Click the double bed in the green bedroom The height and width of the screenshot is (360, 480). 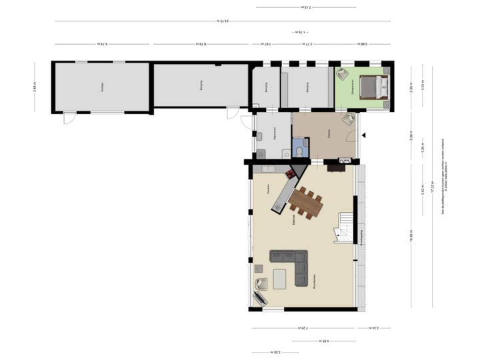point(371,87)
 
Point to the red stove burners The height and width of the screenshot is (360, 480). point(291,174)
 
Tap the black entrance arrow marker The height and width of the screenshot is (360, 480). point(364,135)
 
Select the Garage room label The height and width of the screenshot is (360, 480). point(102,85)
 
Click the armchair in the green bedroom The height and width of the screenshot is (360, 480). point(343,74)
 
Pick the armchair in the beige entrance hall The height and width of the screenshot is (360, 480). point(348,119)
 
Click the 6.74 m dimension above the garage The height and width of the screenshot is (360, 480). point(102,45)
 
